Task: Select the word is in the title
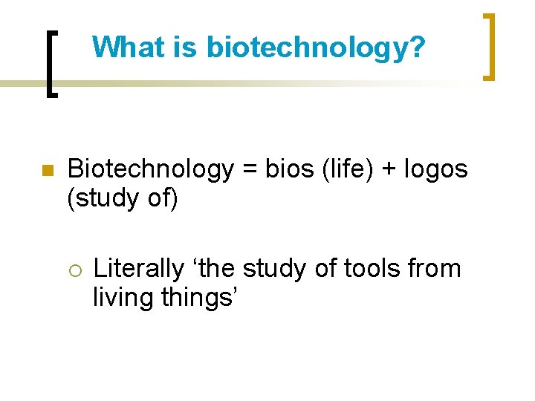[187, 48]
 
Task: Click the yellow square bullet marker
[46, 171]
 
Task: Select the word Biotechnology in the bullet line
[151, 170]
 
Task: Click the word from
[433, 267]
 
